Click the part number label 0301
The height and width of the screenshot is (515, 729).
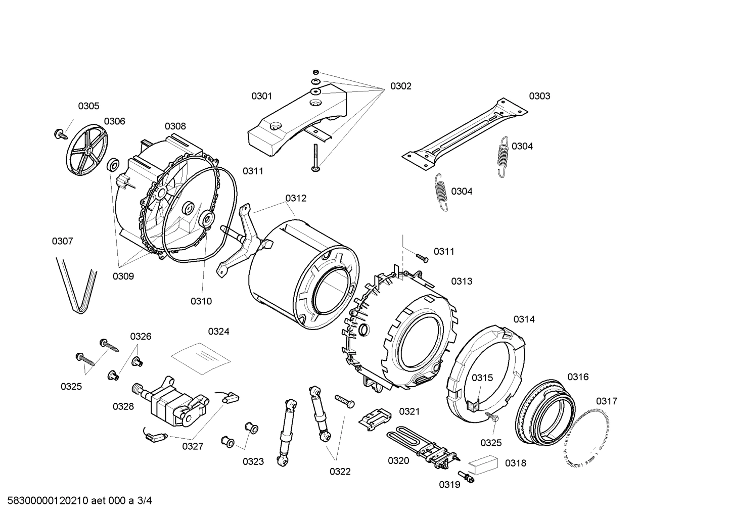point(262,96)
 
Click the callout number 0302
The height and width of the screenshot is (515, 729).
point(400,86)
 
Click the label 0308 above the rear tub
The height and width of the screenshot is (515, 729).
point(175,126)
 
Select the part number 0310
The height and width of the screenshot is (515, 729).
point(201,301)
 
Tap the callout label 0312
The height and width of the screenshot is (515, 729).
point(296,198)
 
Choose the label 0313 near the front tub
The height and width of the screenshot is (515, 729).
point(462,282)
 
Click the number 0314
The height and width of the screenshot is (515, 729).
point(524,319)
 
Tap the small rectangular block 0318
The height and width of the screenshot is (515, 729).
point(482,462)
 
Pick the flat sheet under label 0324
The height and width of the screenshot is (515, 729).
point(201,357)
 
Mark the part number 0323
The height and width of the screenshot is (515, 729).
point(253,461)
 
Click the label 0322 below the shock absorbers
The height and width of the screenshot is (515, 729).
point(340,472)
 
